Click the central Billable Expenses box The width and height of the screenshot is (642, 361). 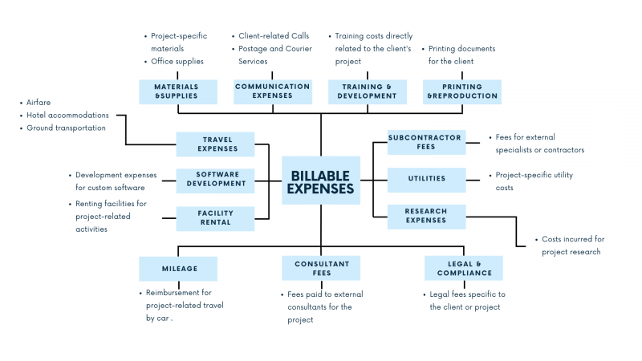tap(321, 180)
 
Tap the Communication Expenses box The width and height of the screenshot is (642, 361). tap(272, 91)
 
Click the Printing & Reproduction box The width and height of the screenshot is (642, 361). tap(462, 91)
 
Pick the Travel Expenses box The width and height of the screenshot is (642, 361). tap(215, 144)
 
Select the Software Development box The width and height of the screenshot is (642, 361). tap(215, 179)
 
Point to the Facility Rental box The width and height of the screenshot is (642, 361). tap(215, 218)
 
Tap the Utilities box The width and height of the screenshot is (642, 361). tap(425, 179)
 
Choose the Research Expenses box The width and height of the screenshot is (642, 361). tap(425, 216)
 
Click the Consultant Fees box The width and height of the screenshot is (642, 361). tap(321, 268)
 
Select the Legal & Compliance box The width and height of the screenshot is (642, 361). tap(464, 268)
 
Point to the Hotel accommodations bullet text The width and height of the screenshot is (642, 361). tap(67, 116)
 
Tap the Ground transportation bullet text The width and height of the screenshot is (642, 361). tap(66, 128)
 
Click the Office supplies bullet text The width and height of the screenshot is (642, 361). tap(177, 61)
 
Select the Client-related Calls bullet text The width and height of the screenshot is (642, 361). tap(273, 36)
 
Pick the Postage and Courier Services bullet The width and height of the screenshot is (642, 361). tap(275, 55)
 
